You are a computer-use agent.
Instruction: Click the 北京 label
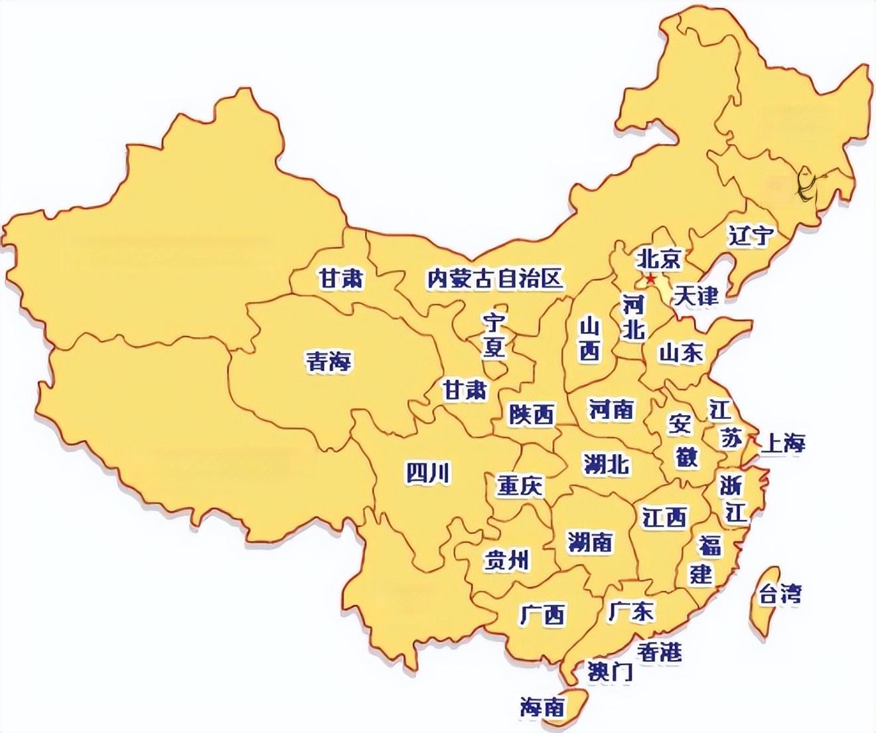coord(658,258)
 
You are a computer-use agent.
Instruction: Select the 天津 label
coord(695,295)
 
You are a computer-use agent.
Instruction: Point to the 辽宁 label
coord(751,236)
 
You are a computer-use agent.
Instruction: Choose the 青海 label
coord(328,361)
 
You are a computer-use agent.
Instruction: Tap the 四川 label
coord(428,473)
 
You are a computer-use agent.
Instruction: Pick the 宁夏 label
coord(494,336)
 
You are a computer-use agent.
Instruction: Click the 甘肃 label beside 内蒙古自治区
coord(341,279)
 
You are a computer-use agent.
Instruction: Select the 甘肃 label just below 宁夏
coord(465,390)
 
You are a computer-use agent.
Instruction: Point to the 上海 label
coord(782,443)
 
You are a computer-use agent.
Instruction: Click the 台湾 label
coord(780,593)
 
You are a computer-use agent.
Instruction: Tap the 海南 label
coord(542,707)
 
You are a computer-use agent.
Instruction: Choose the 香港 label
coord(659,652)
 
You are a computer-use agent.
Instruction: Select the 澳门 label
coord(610,672)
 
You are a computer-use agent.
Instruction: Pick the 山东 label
coord(681,352)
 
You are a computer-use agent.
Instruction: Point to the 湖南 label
coord(590,542)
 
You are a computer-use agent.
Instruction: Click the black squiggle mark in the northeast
coord(805,185)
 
